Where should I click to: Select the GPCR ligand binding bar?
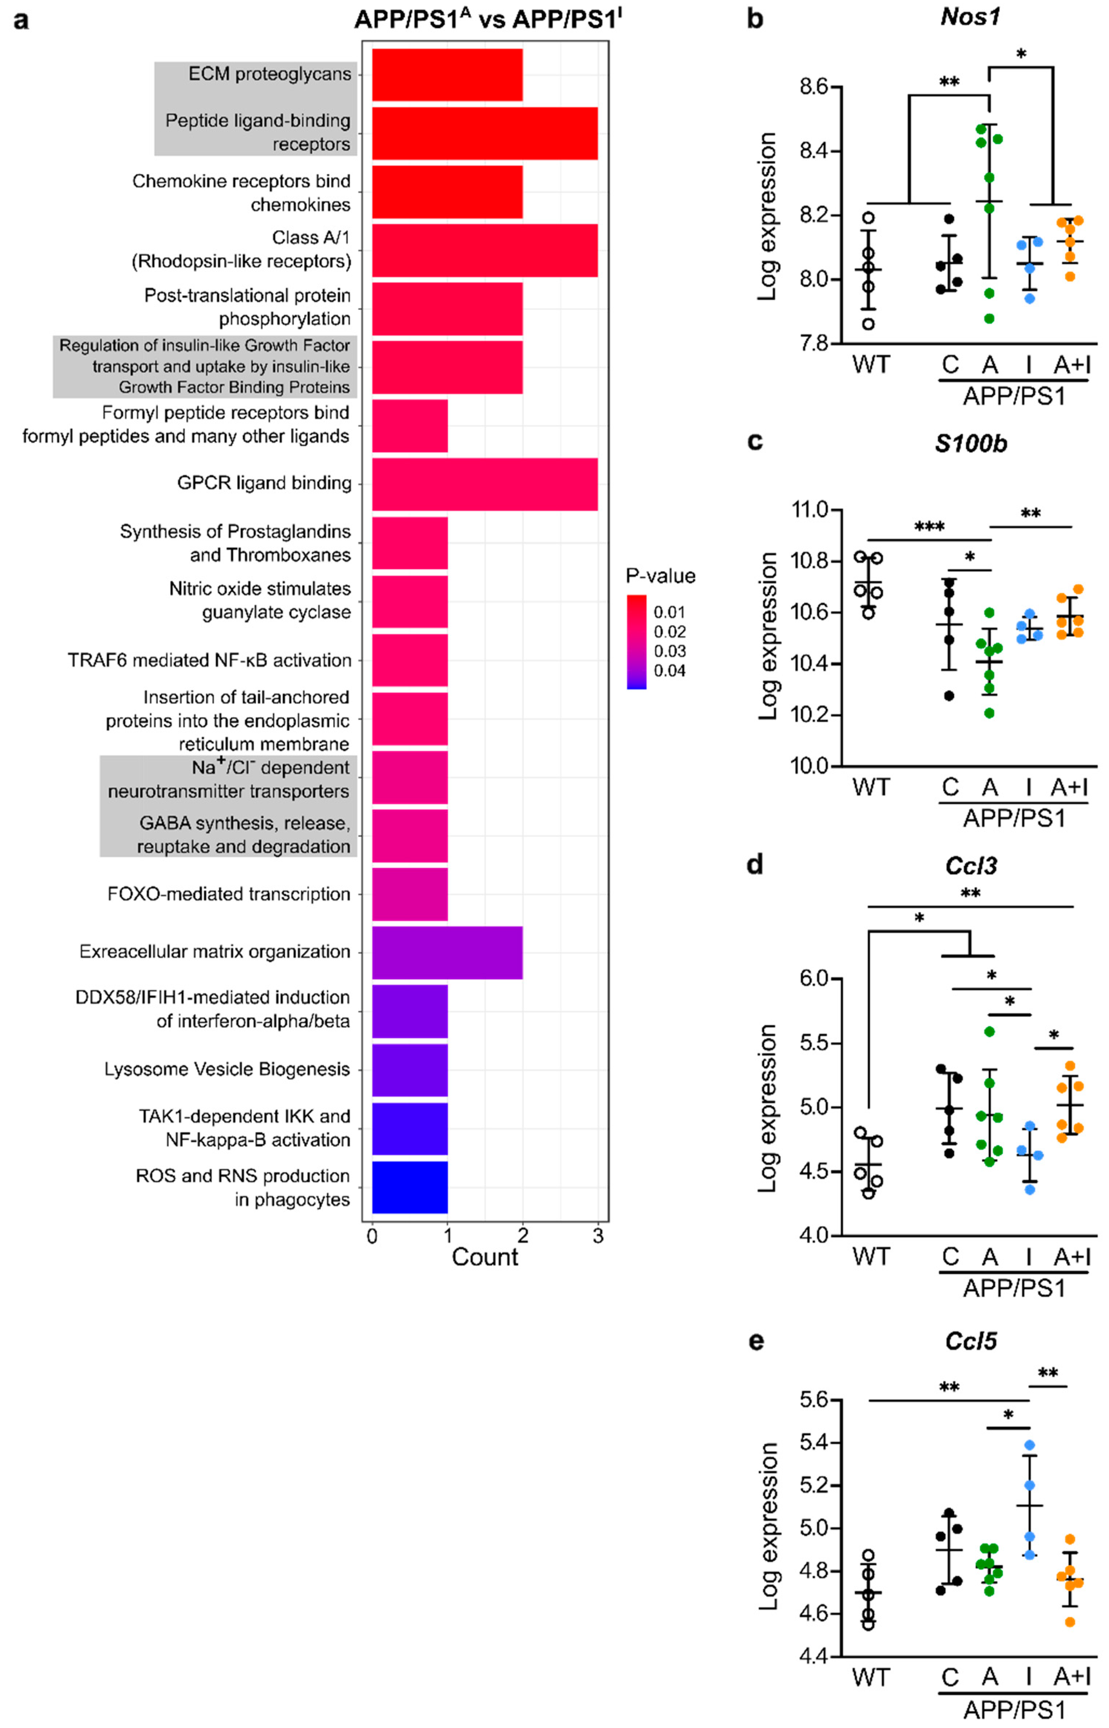tap(484, 484)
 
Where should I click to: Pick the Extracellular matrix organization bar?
tap(446, 952)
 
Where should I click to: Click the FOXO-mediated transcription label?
tap(229, 894)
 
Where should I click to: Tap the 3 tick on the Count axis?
tap(598, 1237)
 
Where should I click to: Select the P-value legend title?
tap(660, 576)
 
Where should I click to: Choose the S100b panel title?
tap(970, 444)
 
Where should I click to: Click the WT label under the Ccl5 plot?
tap(870, 1678)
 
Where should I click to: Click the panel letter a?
tap(21, 20)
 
